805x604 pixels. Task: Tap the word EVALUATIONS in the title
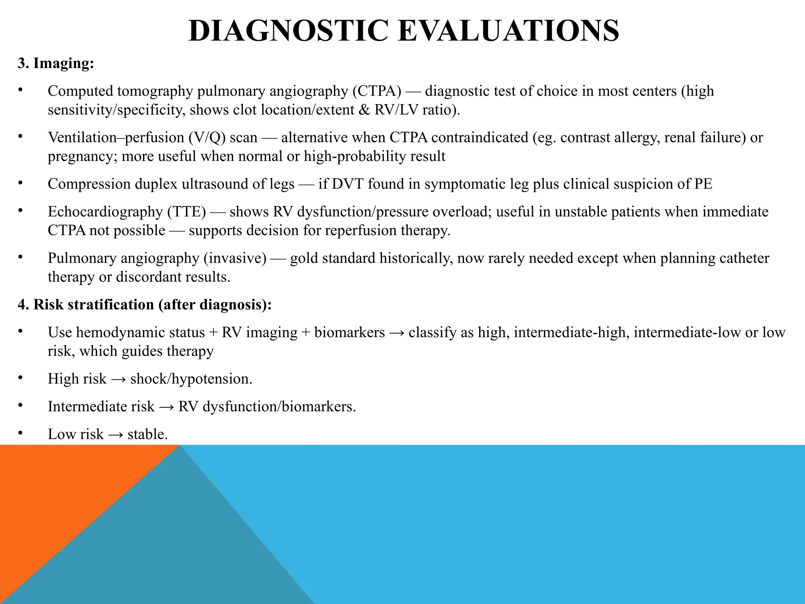(509, 31)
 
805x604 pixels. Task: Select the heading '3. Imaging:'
(56, 63)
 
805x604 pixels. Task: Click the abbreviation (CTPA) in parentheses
(377, 91)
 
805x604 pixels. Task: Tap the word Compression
(89, 184)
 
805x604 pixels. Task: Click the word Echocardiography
(105, 212)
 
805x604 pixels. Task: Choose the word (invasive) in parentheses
(235, 258)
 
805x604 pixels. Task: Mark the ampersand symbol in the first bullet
(364, 110)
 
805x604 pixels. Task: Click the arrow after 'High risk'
(118, 379)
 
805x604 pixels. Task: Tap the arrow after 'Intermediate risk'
(166, 407)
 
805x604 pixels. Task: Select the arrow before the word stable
(115, 435)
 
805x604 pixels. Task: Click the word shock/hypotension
(191, 379)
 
